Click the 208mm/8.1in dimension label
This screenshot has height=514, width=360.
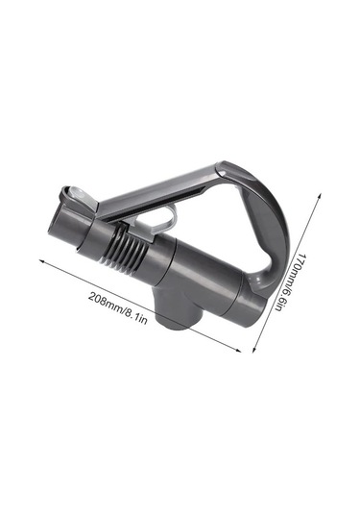117,307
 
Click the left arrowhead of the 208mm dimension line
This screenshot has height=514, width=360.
41,261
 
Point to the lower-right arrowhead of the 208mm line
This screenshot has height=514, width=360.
238,351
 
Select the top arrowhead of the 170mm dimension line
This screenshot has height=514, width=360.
320,196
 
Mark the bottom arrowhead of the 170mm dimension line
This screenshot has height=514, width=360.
253,350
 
